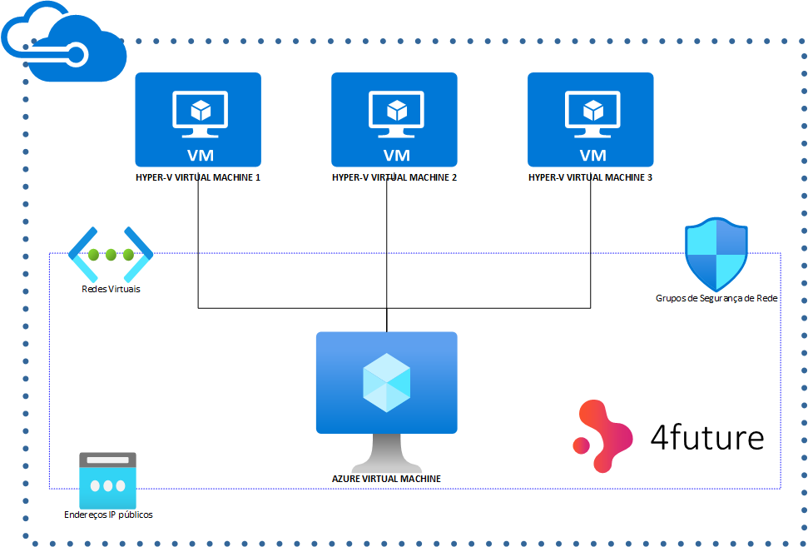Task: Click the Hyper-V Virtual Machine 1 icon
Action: [198, 119]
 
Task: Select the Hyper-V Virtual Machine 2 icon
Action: [394, 119]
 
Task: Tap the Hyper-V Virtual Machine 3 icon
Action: [591, 119]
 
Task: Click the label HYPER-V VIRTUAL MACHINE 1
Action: [198, 177]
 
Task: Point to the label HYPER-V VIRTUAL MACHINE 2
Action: [394, 177]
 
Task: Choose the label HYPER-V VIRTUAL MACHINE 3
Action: [591, 177]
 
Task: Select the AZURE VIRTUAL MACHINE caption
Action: [386, 479]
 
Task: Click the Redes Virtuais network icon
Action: [111, 254]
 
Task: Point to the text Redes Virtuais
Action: [111, 289]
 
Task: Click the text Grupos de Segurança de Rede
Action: [716, 297]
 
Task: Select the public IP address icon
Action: [107, 480]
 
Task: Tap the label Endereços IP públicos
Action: [108, 515]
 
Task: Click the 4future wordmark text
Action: [706, 436]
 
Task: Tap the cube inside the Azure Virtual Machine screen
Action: [387, 382]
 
